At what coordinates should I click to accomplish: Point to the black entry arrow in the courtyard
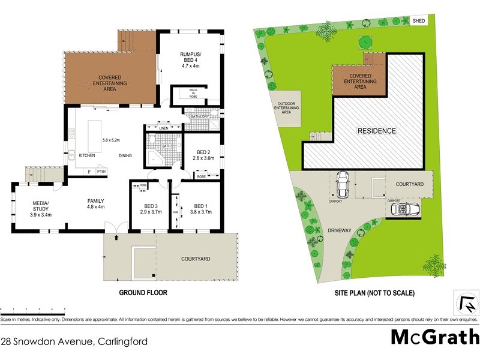117,238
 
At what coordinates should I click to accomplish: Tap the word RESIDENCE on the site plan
377,131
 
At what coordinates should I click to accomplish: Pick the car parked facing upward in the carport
342,184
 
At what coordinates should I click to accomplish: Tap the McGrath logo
435,337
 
